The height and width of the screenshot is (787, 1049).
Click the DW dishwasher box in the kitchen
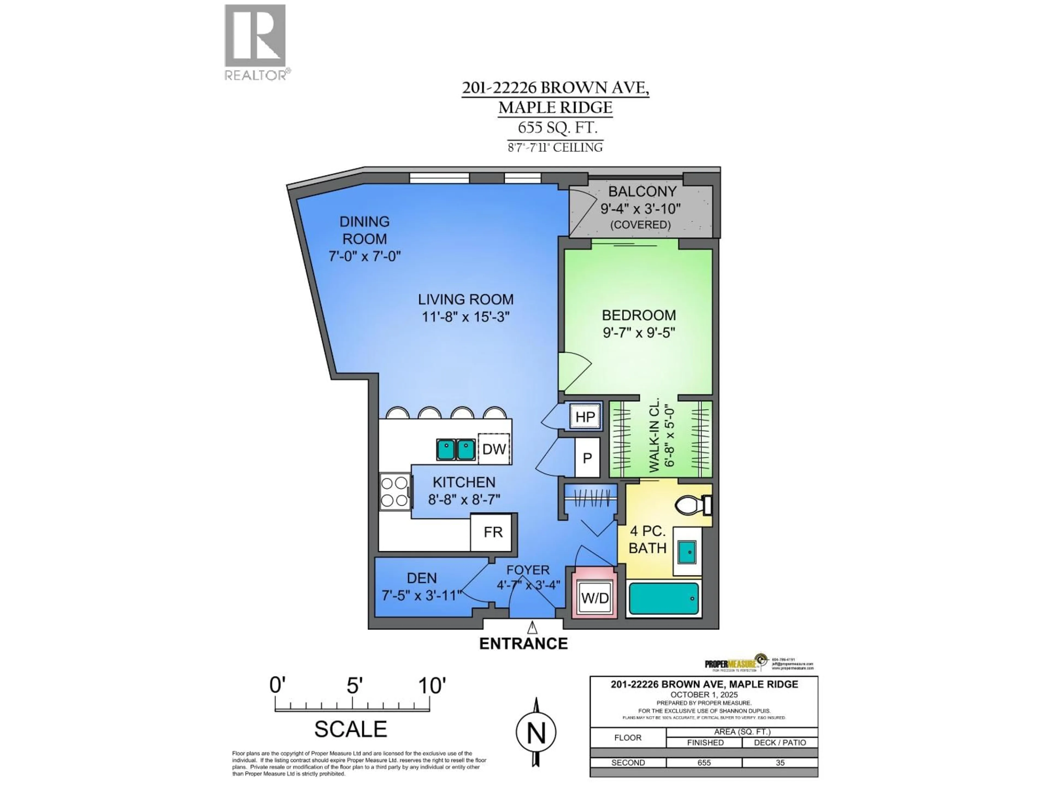494,449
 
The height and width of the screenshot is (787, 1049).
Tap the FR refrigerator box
493,532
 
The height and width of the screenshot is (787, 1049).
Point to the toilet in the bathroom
693,506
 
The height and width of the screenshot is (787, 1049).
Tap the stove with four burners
394,492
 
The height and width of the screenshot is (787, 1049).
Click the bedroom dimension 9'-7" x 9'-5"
638,333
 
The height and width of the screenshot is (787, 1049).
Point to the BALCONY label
642,192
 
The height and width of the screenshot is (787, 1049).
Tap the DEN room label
422,578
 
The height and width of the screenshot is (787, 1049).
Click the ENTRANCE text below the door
523,644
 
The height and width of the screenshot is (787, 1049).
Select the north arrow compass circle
536,732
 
